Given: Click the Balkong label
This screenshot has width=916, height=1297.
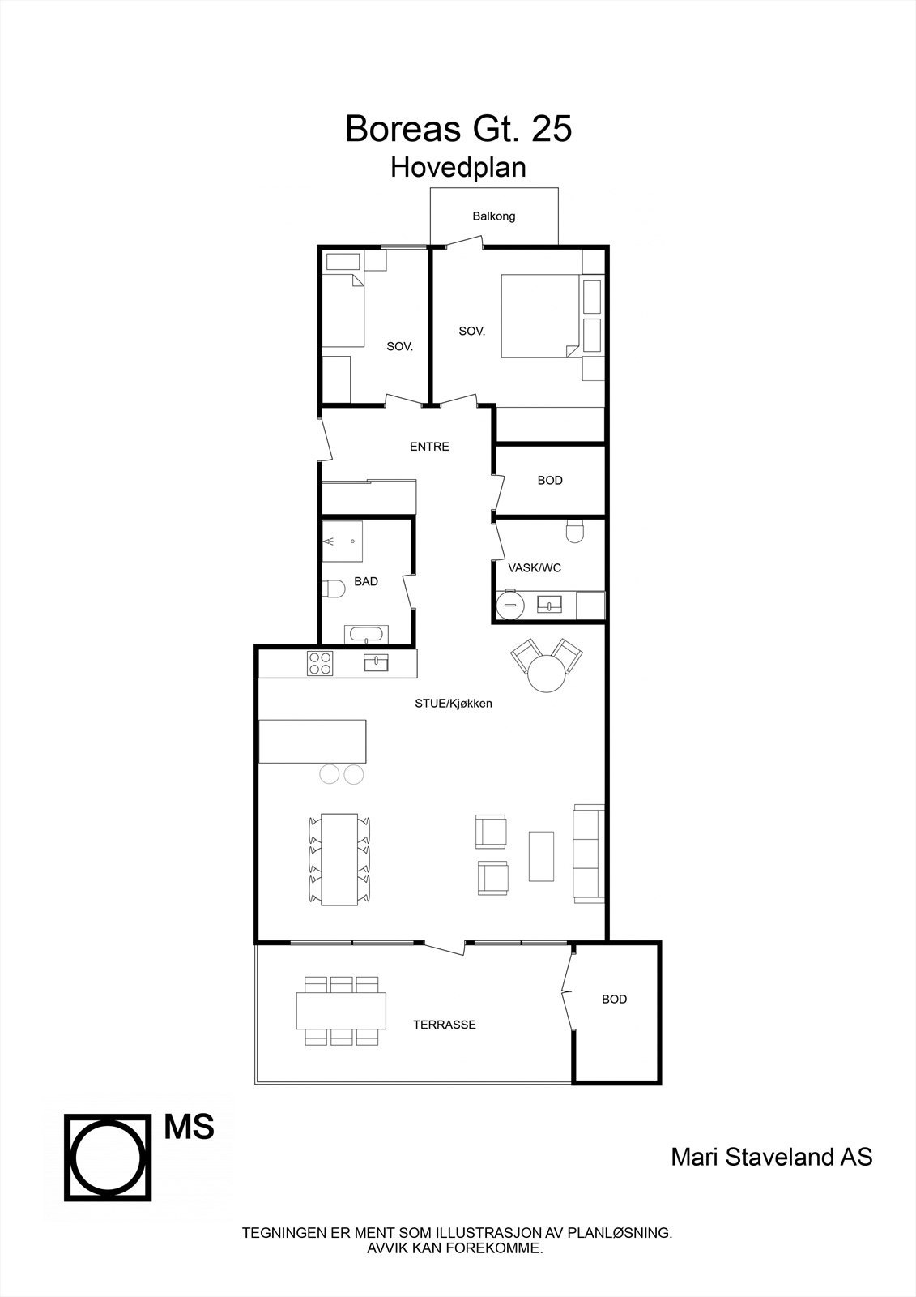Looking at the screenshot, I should [494, 216].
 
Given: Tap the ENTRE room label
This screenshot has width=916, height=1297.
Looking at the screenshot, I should [429, 447].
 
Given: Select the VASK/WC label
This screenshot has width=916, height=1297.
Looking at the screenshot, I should [535, 568].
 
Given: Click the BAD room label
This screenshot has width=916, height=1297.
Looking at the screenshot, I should [366, 581].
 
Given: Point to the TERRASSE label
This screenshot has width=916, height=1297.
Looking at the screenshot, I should [445, 1025].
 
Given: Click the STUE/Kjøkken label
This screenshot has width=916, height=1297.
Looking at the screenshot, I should [454, 704].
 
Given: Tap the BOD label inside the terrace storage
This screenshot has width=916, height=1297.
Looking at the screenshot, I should [614, 1000].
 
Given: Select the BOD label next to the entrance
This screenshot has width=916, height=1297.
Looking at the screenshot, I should [550, 481].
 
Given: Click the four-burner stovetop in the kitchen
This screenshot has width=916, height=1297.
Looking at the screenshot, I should [320, 664].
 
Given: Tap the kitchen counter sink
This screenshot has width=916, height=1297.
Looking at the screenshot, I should [377, 664].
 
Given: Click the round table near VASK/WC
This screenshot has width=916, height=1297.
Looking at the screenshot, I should [545, 673].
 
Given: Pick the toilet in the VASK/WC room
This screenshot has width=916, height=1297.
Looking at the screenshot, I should [575, 532].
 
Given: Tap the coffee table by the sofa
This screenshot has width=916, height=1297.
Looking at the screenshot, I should [541, 855].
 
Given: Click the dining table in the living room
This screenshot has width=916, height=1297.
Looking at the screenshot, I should [339, 859].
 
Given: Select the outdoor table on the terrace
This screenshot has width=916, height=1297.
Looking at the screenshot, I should [342, 1011].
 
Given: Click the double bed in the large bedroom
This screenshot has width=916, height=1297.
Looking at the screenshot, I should [540, 316].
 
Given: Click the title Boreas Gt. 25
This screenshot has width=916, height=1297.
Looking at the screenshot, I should [458, 129].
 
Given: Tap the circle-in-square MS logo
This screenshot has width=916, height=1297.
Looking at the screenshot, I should [109, 1157].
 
